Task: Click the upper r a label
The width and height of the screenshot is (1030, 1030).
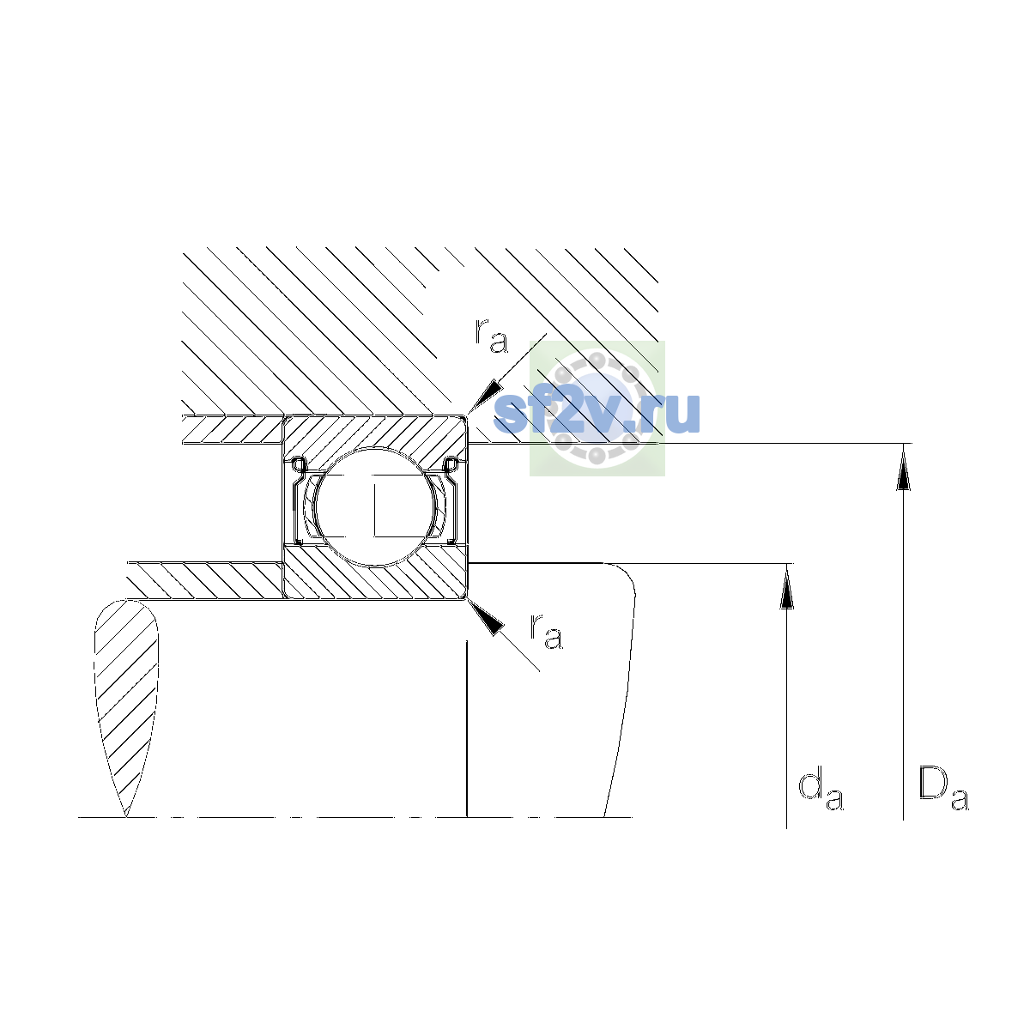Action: [x=491, y=336]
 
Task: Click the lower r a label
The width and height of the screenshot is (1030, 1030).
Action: [x=546, y=632]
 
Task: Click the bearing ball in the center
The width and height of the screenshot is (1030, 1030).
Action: [x=376, y=506]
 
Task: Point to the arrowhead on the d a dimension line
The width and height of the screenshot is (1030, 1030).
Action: [x=786, y=586]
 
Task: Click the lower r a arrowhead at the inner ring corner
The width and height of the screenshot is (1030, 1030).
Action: [x=486, y=617]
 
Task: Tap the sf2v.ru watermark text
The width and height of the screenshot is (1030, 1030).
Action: [x=597, y=413]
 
